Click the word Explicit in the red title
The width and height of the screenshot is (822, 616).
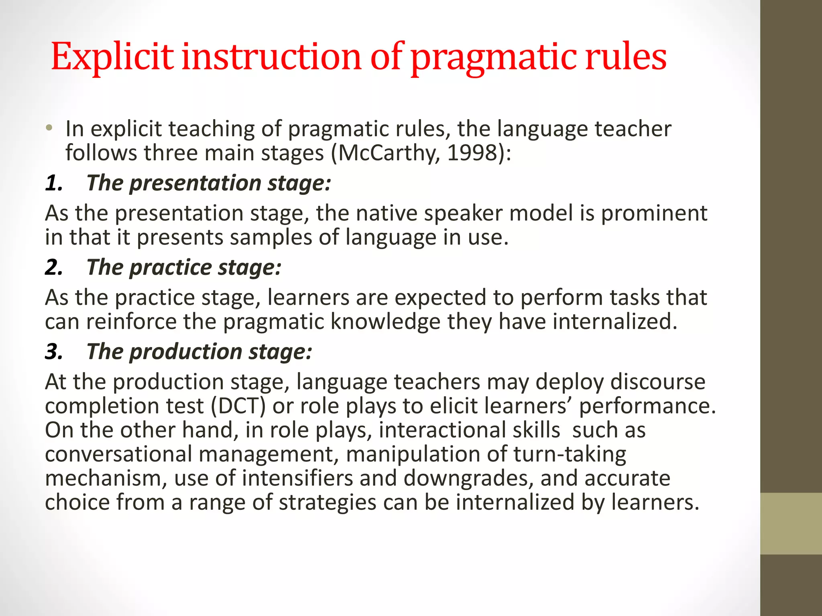(112, 57)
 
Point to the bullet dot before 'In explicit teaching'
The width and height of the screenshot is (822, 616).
(49, 128)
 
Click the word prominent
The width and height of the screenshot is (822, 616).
(654, 213)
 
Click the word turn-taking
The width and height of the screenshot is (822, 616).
(570, 454)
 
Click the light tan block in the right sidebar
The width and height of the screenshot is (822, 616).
(791, 523)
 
